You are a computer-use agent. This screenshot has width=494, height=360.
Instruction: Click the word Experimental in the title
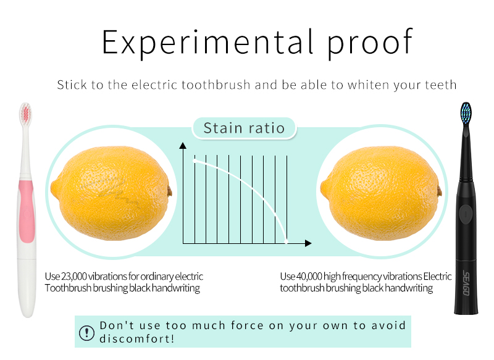[x=207, y=43]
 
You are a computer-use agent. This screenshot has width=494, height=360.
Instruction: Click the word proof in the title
[x=370, y=43]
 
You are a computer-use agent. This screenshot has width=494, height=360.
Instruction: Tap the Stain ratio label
[x=244, y=128]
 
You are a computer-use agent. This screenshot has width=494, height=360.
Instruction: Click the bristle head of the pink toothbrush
[x=25, y=114]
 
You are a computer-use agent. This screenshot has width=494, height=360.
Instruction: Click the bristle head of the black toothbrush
[x=466, y=114]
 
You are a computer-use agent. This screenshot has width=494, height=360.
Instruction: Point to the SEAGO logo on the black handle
[x=466, y=283]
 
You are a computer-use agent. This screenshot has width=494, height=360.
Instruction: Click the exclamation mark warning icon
[x=86, y=333]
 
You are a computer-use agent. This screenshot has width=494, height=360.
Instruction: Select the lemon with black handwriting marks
[x=111, y=193]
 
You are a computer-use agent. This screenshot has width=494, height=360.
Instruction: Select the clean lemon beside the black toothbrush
[x=381, y=193]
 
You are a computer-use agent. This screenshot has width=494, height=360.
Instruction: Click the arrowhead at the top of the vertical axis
[x=183, y=146]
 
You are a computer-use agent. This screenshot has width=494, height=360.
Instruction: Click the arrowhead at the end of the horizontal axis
[x=308, y=243]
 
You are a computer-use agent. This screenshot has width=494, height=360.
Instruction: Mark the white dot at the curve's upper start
[x=195, y=161]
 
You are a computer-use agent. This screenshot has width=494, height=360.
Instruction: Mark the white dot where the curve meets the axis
[x=287, y=242]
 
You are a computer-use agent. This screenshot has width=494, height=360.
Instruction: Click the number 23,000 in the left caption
[x=74, y=276]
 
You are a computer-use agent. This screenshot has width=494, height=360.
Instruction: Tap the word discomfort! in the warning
[x=136, y=339]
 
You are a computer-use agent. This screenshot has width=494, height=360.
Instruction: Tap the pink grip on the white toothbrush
[x=27, y=212]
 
